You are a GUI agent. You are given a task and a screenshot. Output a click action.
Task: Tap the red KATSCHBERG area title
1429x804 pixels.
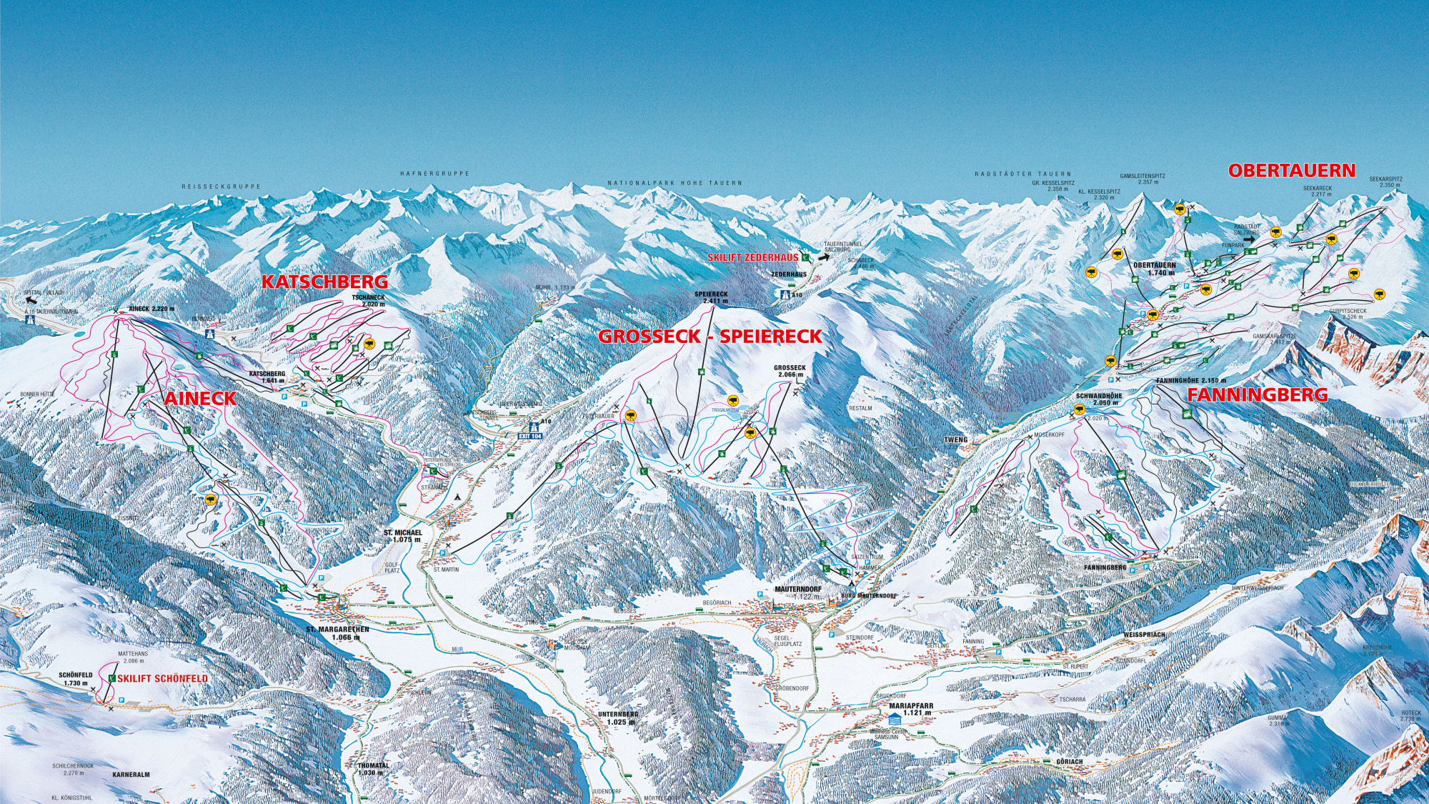324,282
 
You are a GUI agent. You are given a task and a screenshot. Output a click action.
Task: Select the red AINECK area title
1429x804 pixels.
200,399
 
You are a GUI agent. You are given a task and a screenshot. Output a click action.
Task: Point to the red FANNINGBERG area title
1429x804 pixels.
1258,394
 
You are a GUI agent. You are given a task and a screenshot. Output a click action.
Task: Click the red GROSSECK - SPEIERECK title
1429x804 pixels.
709,336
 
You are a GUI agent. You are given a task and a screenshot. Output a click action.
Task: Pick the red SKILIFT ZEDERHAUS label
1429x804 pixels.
753,257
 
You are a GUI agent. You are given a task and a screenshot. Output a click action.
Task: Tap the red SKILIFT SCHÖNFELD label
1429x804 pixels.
163,678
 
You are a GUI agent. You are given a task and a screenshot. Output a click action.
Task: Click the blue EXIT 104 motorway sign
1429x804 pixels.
530,435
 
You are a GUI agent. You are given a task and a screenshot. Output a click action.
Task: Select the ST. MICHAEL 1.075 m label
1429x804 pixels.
403,536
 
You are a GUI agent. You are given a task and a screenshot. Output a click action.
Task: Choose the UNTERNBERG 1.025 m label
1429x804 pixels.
618,718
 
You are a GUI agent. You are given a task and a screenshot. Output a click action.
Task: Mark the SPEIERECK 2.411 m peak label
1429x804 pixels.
711,297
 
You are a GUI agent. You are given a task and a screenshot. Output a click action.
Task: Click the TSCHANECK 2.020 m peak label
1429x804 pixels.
368,300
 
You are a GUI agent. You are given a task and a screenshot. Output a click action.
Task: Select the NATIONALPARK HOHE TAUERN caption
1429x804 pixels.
674,183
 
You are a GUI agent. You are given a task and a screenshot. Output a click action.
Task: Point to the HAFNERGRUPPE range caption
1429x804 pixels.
434,174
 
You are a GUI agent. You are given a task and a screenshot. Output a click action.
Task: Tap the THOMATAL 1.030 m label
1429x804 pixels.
373,768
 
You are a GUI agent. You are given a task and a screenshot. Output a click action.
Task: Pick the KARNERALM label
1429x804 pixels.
131,774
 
